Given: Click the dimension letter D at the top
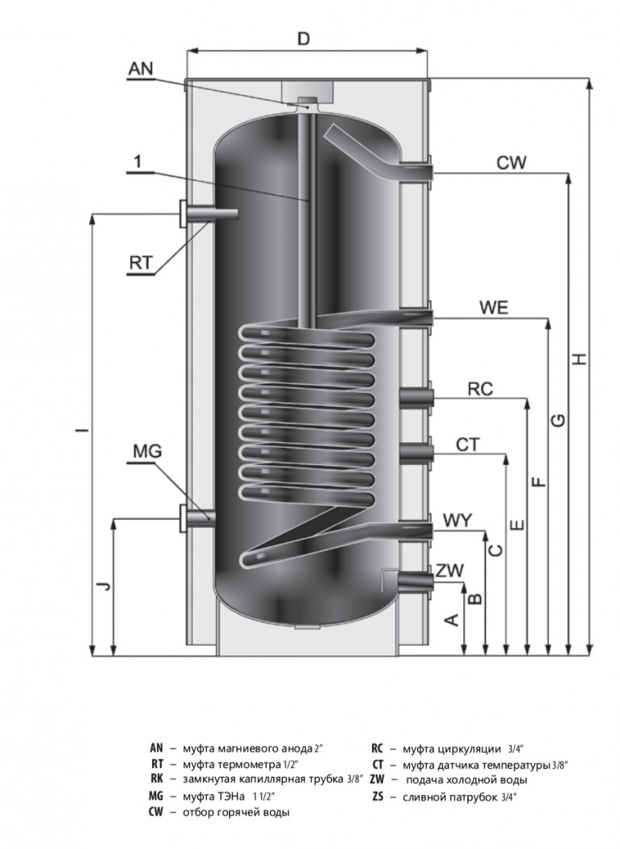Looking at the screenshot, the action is point(304,38).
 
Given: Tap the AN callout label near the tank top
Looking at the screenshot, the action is point(141,69).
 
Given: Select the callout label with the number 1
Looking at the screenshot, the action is point(138,161).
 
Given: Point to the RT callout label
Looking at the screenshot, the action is point(141,263).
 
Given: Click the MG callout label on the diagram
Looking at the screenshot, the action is point(148,450).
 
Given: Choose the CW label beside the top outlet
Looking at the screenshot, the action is point(511,163).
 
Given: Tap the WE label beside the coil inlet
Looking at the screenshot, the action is point(494,307).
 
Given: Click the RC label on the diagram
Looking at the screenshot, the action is point(480,389).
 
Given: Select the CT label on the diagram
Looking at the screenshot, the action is point(468,445).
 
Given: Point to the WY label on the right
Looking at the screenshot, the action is point(458,521).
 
